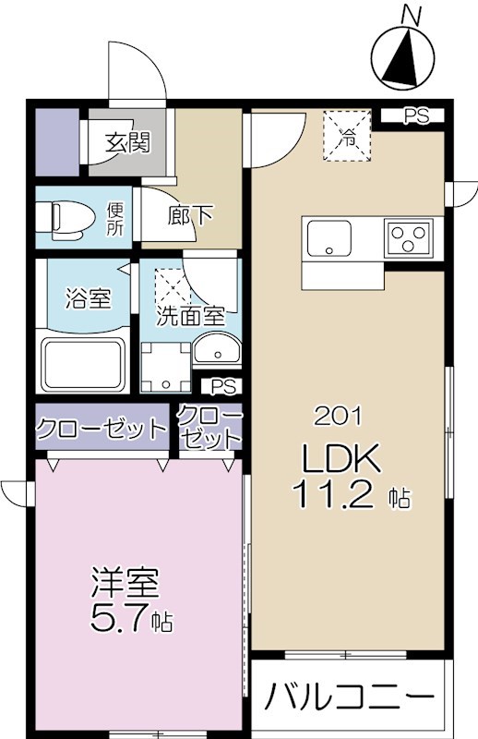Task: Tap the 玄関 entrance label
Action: click(127, 143)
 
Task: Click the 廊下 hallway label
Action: click(190, 216)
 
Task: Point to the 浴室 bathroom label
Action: click(88, 299)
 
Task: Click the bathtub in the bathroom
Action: click(83, 366)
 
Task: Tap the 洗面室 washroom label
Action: click(190, 315)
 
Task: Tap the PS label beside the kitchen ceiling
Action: click(419, 116)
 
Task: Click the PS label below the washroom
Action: click(221, 385)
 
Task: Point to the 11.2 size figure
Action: click(334, 496)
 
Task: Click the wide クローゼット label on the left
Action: click(102, 429)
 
